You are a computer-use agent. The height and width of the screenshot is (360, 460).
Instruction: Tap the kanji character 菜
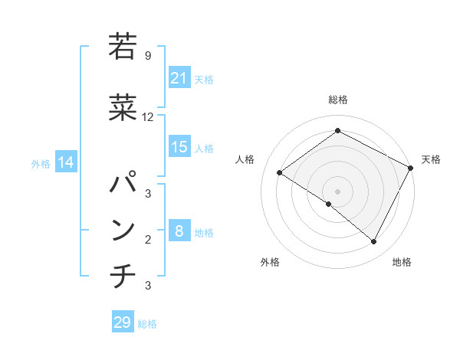123,108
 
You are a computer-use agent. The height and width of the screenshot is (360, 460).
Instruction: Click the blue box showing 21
179,78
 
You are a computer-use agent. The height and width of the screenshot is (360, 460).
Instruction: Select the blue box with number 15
179,147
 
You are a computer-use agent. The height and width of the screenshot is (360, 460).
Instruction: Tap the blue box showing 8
179,232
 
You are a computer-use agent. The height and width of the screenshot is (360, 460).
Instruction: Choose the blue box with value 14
65,162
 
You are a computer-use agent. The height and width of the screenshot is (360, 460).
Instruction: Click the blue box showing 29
123,322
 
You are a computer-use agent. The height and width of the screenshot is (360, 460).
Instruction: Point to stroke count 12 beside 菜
148,117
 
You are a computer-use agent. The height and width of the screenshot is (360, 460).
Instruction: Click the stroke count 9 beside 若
148,55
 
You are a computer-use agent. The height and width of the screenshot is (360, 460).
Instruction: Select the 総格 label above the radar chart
337,100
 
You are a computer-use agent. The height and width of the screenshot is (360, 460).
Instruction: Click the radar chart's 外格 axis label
270,263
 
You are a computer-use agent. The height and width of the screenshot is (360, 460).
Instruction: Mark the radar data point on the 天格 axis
410,168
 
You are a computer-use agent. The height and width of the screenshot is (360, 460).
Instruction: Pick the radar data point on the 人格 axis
280,173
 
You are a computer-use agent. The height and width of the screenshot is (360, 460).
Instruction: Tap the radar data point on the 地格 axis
374,242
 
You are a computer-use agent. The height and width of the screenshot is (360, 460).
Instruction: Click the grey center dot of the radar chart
337,191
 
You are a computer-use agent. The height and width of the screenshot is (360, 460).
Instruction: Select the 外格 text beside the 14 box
40,163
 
